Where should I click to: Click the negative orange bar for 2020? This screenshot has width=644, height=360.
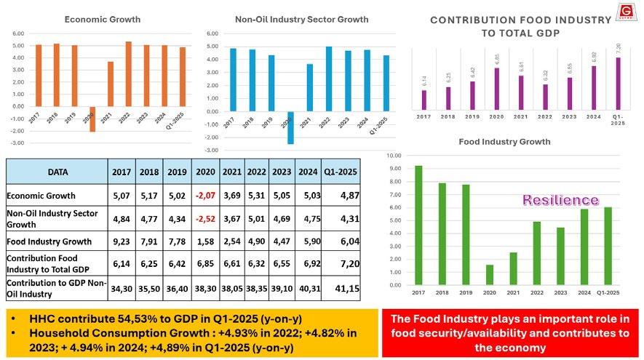pyautogui.click(x=92, y=119)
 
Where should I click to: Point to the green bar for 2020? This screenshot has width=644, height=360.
pyautogui.click(x=489, y=275)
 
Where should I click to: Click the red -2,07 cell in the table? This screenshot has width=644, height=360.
pyautogui.click(x=206, y=194)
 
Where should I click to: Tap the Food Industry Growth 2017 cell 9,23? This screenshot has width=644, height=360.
pyautogui.click(x=122, y=241)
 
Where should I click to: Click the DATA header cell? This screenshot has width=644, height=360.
pyautogui.click(x=57, y=172)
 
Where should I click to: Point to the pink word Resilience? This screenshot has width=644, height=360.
pyautogui.click(x=560, y=200)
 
